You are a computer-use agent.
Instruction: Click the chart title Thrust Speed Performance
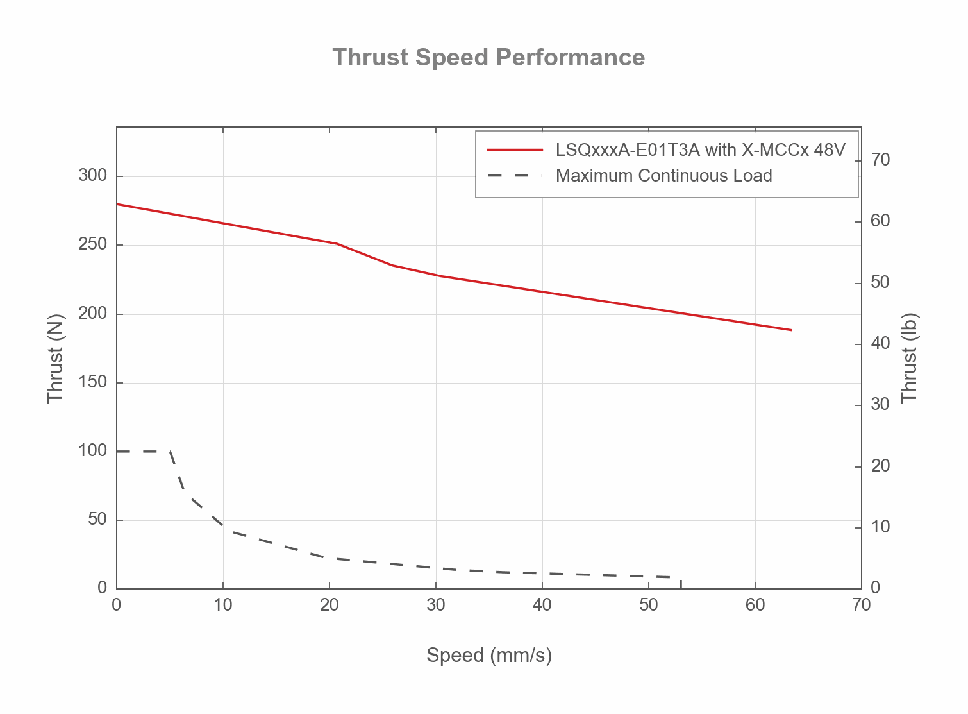pos(488,58)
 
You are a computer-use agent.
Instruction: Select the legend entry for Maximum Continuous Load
pos(663,176)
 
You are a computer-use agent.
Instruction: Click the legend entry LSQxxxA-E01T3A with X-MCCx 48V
pos(700,150)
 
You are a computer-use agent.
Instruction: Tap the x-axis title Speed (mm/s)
pos(489,655)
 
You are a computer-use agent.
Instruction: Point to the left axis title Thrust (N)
pos(56,358)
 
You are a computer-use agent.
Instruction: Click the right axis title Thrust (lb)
pos(910,358)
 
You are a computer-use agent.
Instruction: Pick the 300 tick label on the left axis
pos(92,176)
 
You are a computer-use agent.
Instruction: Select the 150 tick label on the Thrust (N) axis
pos(92,382)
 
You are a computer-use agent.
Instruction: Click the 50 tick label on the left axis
pos(97,520)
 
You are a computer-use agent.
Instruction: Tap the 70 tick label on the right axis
pos(881,160)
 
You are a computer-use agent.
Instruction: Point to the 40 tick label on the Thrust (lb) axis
pos(881,343)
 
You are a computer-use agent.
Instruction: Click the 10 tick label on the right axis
pos(881,527)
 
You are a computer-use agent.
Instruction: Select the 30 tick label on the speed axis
pos(436,605)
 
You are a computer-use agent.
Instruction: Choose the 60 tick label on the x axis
pos(755,605)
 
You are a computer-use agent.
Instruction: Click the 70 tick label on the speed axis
pos(862,605)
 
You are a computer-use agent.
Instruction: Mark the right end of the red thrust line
pos(792,330)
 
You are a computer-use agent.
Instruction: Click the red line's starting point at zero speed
pos(117,204)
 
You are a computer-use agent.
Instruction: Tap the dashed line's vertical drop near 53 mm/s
pos(680,583)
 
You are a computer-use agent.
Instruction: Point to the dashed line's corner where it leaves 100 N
pos(170,452)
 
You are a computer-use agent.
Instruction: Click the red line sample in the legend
pos(515,150)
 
